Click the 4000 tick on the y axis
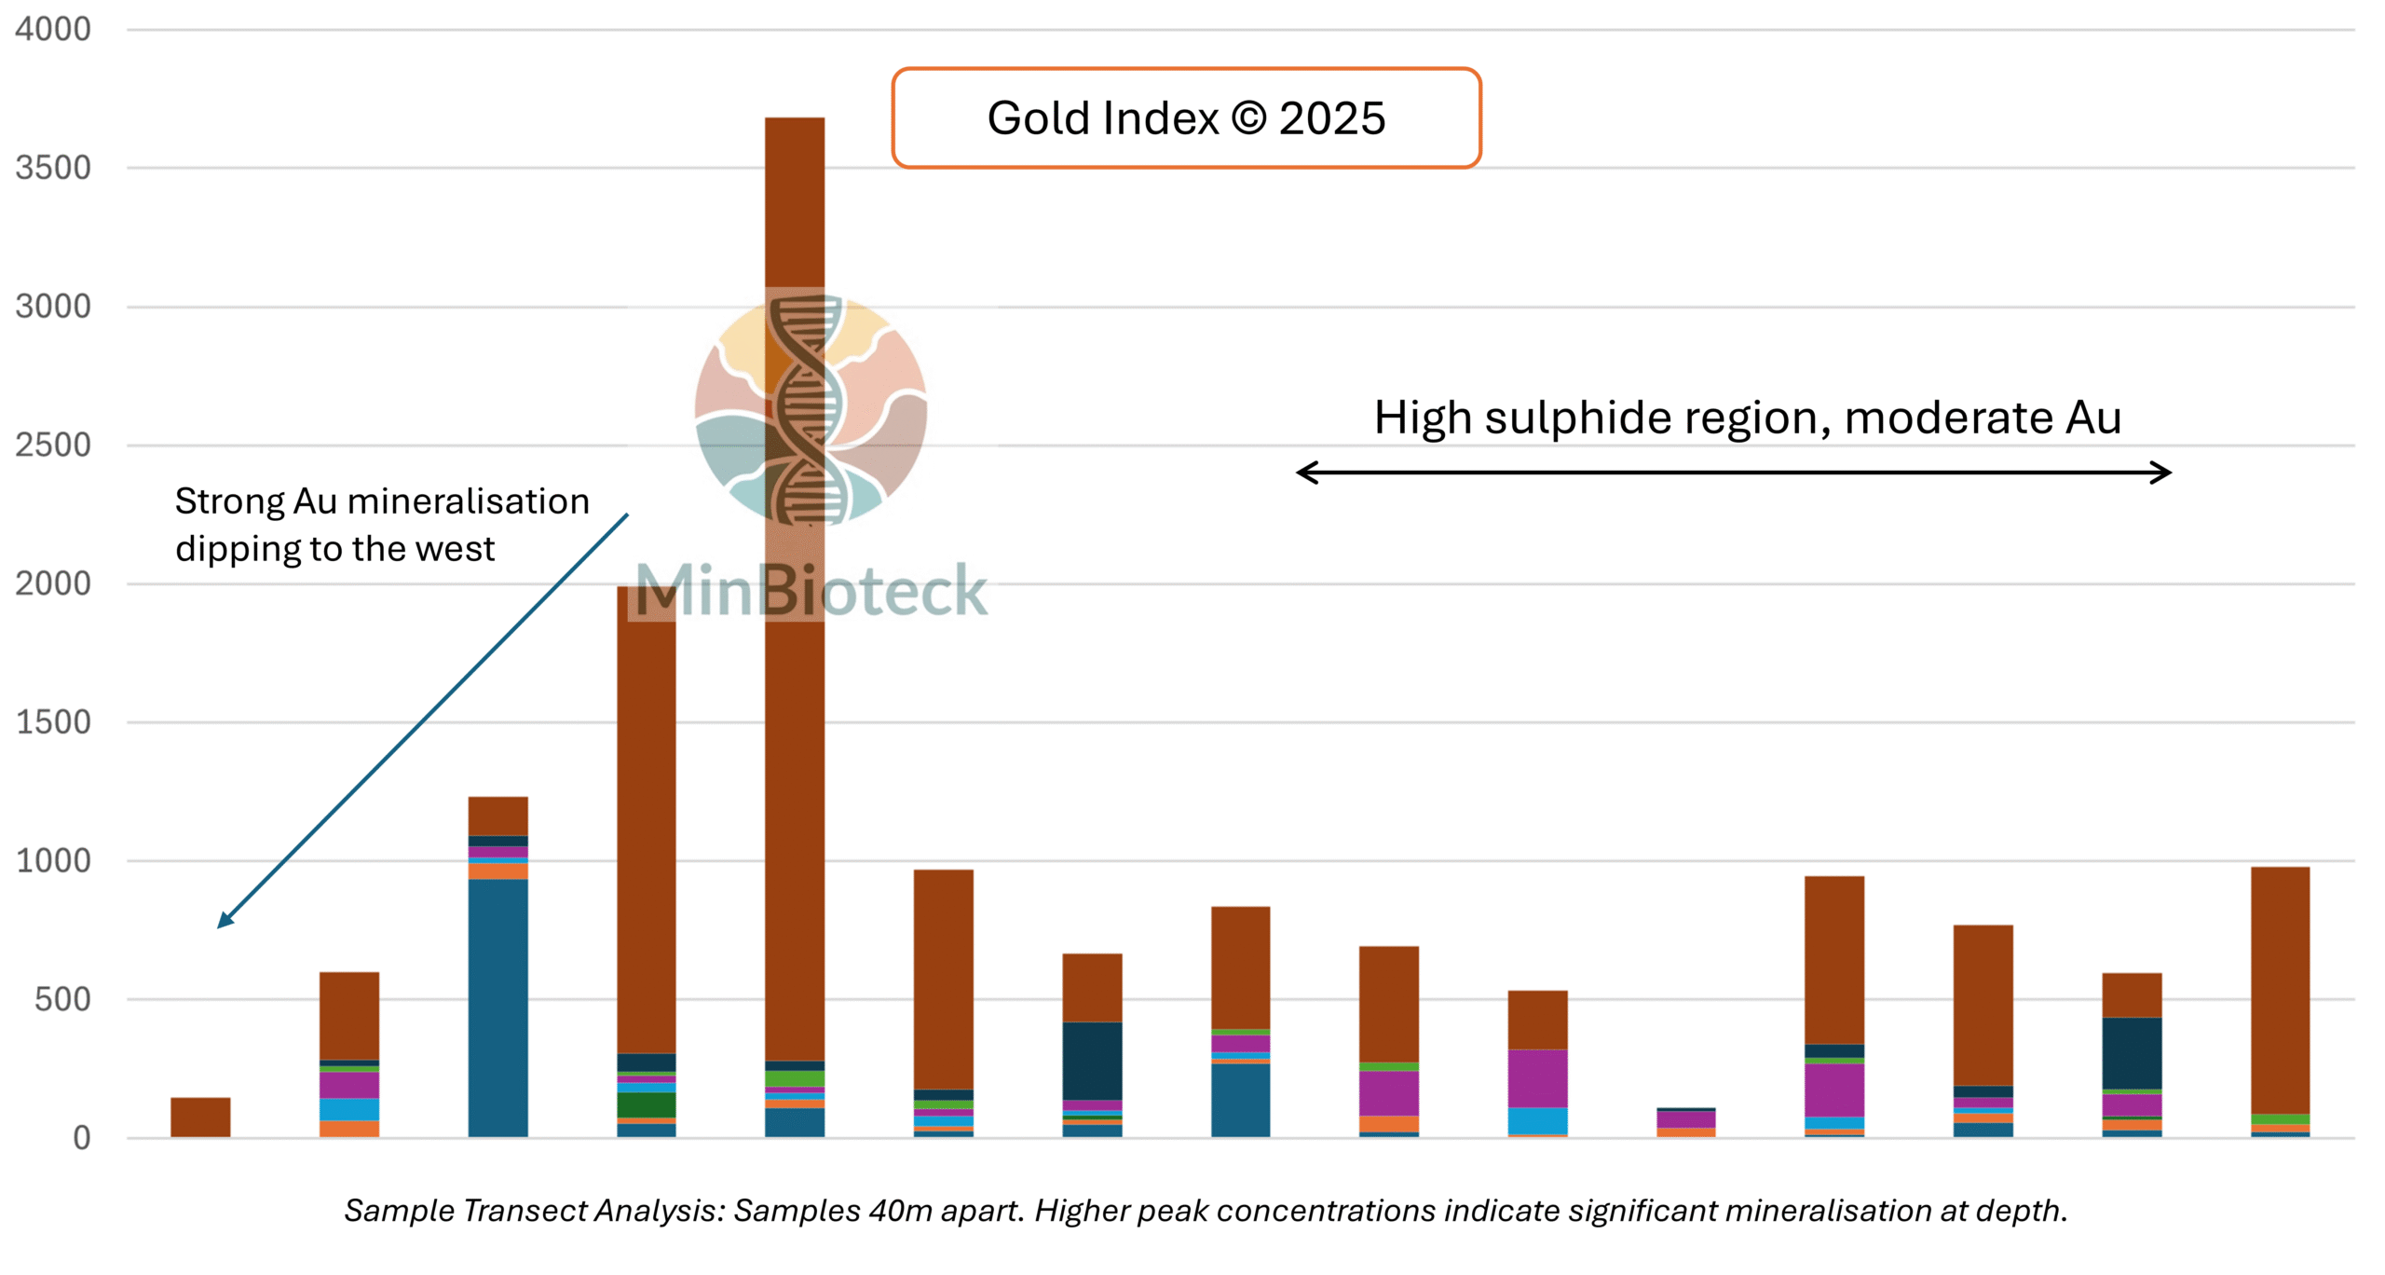pyautogui.click(x=53, y=30)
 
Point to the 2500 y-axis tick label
pyautogui.click(x=53, y=446)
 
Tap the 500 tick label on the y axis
pyautogui.click(x=62, y=1000)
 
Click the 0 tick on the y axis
pyautogui.click(x=82, y=1138)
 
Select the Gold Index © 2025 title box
pyautogui.click(x=1185, y=118)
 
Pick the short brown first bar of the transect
pyautogui.click(x=200, y=1117)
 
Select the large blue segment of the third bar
pyautogui.click(x=497, y=1007)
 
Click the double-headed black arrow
pyautogui.click(x=1733, y=473)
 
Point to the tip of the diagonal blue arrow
pyautogui.click(x=220, y=926)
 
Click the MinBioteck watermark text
pyautogui.click(x=811, y=591)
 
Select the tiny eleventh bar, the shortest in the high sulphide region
pyautogui.click(x=1685, y=1122)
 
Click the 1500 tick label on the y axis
pyautogui.click(x=53, y=722)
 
